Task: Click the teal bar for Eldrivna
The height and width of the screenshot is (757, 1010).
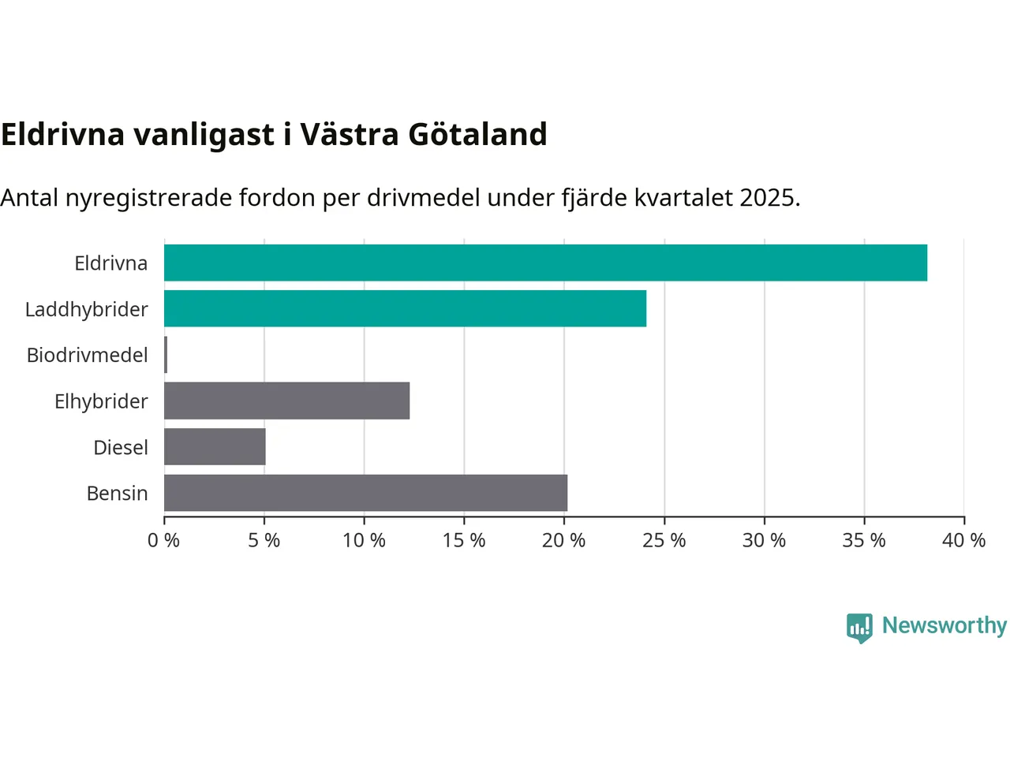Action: (545, 263)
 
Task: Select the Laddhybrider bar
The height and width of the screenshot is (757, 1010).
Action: (405, 308)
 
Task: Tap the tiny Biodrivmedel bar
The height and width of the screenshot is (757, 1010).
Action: (166, 355)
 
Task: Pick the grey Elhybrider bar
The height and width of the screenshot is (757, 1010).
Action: (286, 401)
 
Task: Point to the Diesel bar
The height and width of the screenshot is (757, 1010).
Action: (215, 446)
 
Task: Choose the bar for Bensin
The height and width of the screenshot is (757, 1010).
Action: (365, 493)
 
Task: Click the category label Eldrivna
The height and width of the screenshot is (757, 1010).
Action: (111, 263)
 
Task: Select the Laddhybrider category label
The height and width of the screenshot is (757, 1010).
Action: (87, 309)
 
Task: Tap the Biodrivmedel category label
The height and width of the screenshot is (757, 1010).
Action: (88, 355)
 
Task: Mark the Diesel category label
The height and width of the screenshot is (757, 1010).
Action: (121, 447)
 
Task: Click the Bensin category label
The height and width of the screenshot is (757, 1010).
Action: (118, 494)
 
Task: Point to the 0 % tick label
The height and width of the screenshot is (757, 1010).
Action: (164, 540)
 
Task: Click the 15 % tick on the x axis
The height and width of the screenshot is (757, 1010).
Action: (464, 540)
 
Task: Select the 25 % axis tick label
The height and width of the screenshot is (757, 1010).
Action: (664, 540)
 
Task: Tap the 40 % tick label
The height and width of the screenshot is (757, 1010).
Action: (963, 540)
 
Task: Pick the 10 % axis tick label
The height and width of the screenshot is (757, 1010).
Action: (364, 540)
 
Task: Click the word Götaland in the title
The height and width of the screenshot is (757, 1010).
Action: (477, 135)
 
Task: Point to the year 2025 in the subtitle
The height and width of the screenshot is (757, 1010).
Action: (769, 197)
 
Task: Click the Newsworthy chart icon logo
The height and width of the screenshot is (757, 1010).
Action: (859, 628)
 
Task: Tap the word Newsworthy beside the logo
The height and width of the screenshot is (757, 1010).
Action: (945, 625)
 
